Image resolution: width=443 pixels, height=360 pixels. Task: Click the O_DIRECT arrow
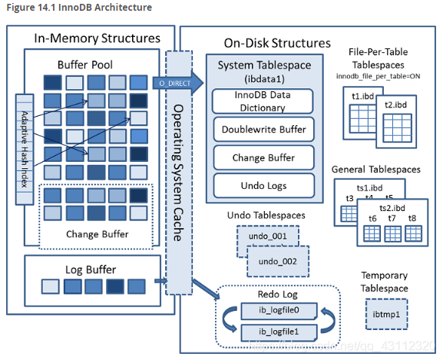tap(178, 83)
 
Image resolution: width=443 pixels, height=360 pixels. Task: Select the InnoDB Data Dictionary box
tap(263, 101)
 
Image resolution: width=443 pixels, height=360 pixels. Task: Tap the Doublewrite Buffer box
tap(264, 129)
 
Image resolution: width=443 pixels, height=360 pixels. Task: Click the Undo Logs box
tap(264, 186)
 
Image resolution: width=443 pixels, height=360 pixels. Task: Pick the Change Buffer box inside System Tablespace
tap(264, 157)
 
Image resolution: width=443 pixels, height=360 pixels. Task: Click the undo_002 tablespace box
tap(278, 261)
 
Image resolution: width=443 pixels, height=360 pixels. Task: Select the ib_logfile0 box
tap(279, 311)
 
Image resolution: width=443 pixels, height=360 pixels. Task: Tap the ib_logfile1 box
tap(279, 332)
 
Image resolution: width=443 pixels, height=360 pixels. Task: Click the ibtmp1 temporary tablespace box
tap(386, 314)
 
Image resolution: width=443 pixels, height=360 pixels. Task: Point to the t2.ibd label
tap(395, 105)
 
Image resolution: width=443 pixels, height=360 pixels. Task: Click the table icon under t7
tap(392, 234)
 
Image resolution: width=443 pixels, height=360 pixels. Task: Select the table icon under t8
tap(413, 234)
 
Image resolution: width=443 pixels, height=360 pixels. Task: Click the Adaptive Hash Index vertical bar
tap(25, 149)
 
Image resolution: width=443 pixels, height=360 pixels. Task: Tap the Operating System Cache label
tap(178, 173)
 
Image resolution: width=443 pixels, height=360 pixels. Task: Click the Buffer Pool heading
tap(85, 65)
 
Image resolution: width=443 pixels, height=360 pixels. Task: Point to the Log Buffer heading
tap(91, 269)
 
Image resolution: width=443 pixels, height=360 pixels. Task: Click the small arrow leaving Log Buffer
tap(160, 281)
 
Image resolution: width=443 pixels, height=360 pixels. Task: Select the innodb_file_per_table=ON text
tap(378, 76)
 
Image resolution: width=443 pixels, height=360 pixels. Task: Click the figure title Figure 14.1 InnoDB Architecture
tap(79, 8)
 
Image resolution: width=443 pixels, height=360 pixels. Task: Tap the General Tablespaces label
tap(376, 170)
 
